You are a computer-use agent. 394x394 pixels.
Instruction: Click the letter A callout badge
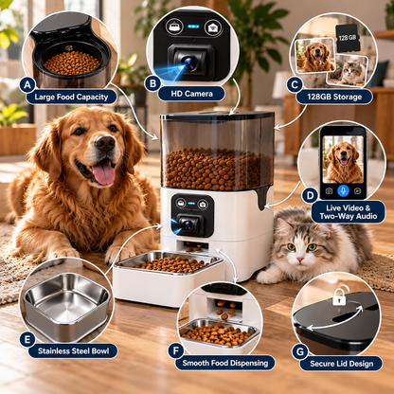27,85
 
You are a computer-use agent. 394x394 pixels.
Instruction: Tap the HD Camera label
191,94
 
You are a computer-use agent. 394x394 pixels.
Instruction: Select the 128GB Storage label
334,97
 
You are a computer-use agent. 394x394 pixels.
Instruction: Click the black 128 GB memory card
347,38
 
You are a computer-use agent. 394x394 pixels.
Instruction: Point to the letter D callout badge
310,195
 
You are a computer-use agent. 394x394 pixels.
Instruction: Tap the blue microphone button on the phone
343,190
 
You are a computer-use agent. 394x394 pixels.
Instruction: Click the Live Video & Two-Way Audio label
349,212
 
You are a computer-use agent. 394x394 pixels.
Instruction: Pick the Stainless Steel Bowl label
73,351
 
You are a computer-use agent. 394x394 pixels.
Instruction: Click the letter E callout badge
27,340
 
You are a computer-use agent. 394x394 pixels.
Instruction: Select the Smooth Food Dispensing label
225,363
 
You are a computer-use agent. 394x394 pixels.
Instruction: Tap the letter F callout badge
176,350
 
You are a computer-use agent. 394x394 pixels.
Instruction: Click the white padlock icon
339,295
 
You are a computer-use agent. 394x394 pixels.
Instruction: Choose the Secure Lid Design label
341,364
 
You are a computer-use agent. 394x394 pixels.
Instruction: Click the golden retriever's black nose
105,143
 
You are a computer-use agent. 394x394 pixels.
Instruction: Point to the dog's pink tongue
104,174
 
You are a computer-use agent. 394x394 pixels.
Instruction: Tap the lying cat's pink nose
300,260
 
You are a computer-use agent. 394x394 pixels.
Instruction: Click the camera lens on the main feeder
188,224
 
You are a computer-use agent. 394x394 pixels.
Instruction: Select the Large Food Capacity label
71,97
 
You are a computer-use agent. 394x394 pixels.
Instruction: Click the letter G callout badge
300,351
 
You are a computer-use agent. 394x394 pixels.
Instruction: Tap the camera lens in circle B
189,63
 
